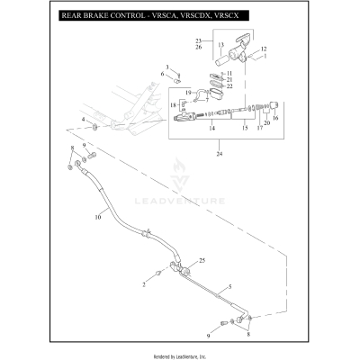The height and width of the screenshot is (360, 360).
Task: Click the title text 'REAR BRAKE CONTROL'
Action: [x=100, y=16]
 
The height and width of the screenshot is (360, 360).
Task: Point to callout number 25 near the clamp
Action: [x=203, y=259]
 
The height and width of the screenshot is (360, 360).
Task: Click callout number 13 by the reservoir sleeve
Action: [x=220, y=43]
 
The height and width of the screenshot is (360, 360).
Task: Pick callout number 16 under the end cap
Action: [x=276, y=117]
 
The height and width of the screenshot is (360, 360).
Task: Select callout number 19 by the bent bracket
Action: [x=187, y=93]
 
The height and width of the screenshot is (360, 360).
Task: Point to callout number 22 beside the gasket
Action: [x=229, y=86]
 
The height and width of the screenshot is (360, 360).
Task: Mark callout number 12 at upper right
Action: [x=264, y=49]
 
